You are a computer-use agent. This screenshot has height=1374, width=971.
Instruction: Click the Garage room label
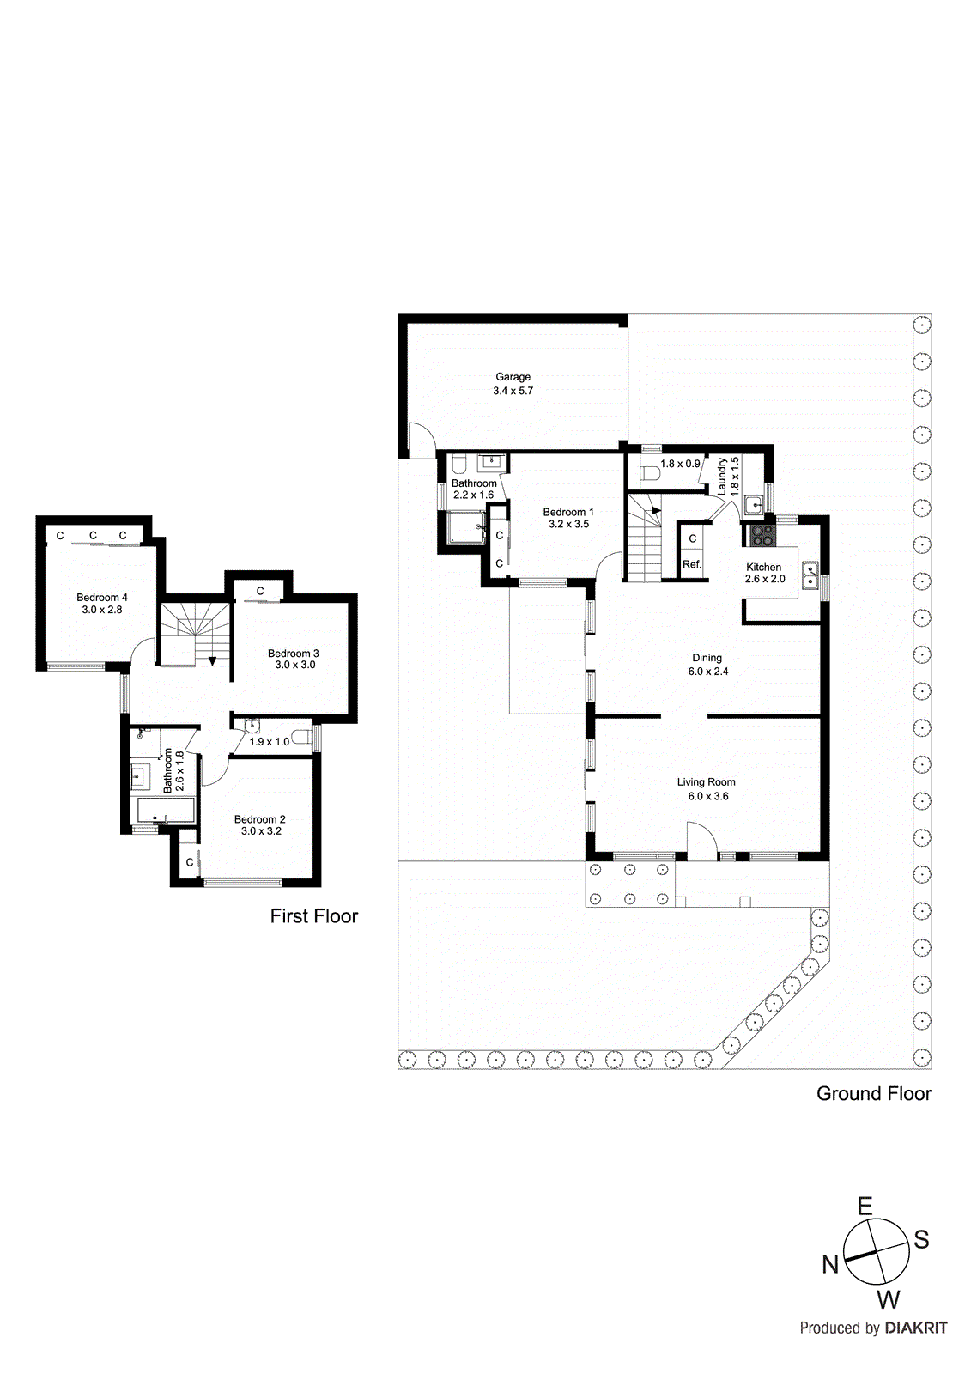pyautogui.click(x=513, y=377)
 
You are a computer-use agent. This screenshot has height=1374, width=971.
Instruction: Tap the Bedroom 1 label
pyautogui.click(x=567, y=512)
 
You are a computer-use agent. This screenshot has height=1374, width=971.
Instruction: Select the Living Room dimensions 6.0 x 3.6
pyautogui.click(x=707, y=796)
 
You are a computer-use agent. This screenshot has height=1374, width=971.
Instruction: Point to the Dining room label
pyautogui.click(x=707, y=658)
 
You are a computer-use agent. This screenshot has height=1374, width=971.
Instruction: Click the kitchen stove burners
pyautogui.click(x=762, y=537)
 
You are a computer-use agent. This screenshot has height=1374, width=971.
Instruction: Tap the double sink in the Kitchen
pyautogui.click(x=810, y=575)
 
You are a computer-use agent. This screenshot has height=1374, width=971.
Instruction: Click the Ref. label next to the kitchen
pyautogui.click(x=692, y=564)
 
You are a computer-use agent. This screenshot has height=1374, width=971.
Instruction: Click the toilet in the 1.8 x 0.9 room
pyautogui.click(x=650, y=473)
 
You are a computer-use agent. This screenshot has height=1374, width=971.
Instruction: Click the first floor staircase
pyautogui.click(x=196, y=634)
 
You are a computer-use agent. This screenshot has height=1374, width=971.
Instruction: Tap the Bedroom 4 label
pyautogui.click(x=102, y=598)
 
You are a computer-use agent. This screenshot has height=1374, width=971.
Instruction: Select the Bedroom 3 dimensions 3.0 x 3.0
pyautogui.click(x=294, y=665)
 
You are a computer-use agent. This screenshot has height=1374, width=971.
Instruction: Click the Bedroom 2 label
pyautogui.click(x=259, y=819)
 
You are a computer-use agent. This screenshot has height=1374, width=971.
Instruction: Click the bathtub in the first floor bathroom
pyautogui.click(x=166, y=810)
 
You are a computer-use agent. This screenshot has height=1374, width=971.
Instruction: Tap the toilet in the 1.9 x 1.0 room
pyautogui.click(x=300, y=737)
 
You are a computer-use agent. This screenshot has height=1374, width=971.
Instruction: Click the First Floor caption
pyautogui.click(x=313, y=916)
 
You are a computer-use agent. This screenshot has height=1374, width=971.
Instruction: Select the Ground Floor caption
pyautogui.click(x=873, y=1093)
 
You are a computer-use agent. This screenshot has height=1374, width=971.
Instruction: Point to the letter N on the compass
pyautogui.click(x=829, y=1264)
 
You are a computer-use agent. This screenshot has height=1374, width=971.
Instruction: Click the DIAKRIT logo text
pyautogui.click(x=915, y=1328)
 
